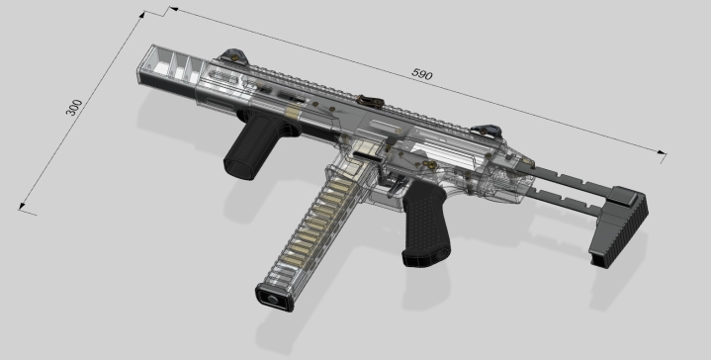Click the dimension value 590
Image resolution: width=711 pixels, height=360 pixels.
click(422, 74)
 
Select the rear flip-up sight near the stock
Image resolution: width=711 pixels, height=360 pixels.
click(489, 128)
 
